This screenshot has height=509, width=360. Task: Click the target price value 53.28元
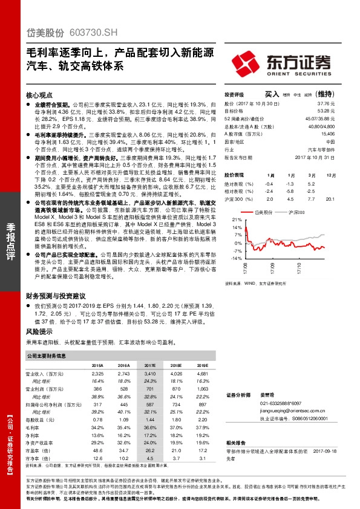327,111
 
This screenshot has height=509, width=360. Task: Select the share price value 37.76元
327,105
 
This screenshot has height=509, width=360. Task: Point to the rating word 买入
272,95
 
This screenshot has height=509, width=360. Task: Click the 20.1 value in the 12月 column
329,198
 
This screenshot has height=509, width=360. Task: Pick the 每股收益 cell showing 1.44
149,419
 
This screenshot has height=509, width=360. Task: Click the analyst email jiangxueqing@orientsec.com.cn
293,410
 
